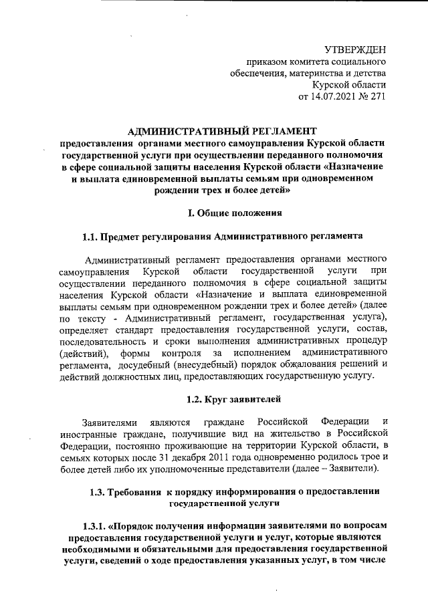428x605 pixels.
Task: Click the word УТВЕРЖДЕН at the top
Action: (x=355, y=49)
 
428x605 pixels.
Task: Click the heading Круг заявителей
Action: (x=232, y=400)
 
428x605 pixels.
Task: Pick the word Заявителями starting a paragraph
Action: (x=110, y=422)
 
